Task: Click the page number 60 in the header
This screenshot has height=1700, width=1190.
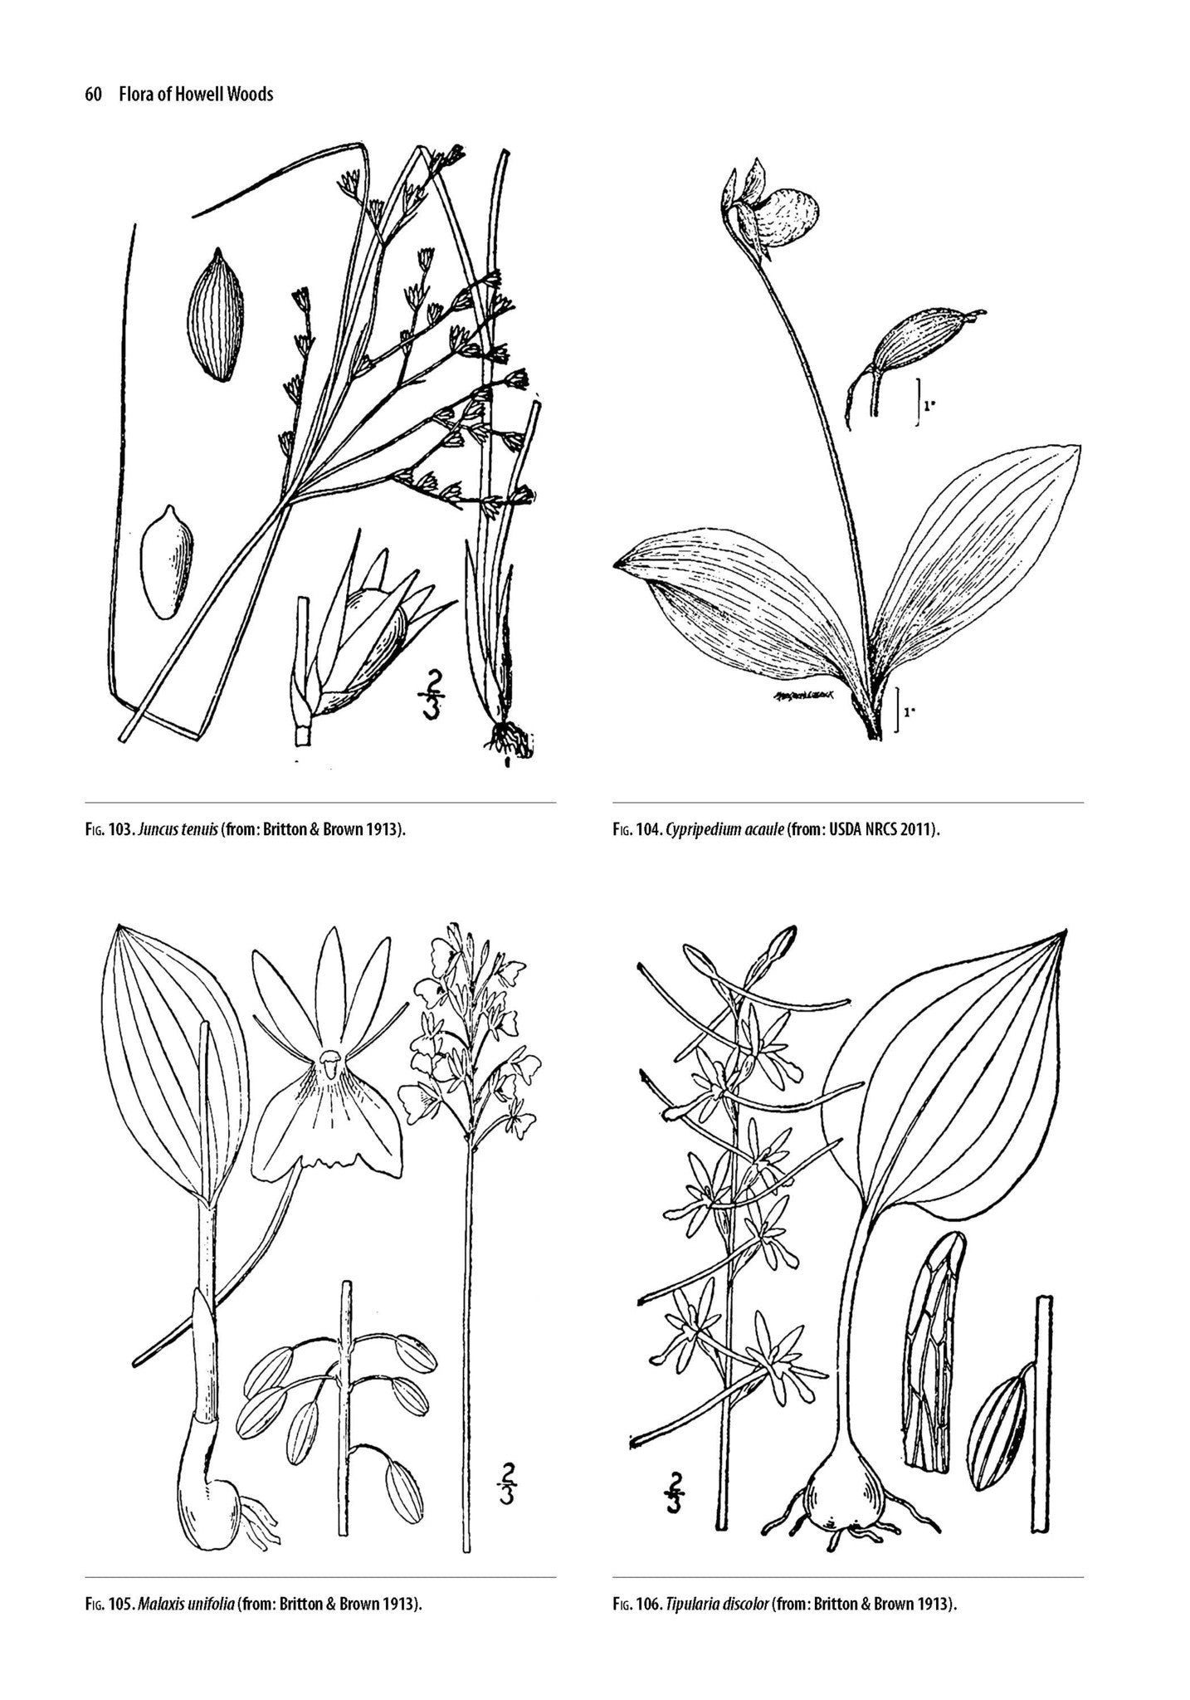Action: coord(92,95)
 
